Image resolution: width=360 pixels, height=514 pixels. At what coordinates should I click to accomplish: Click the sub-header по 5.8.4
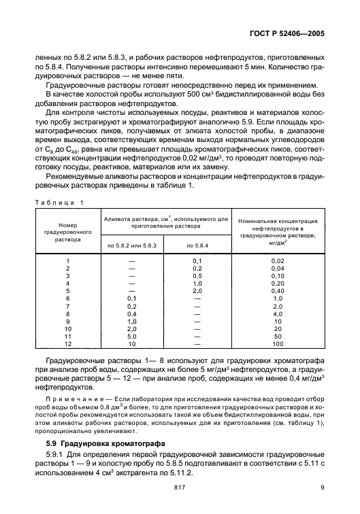198,243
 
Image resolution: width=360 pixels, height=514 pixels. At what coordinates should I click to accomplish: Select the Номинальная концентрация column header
277,230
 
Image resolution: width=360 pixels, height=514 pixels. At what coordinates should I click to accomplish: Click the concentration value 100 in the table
277,344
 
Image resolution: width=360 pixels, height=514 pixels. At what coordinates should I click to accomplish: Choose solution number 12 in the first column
67,344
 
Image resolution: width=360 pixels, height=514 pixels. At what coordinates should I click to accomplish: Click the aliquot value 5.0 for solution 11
131,337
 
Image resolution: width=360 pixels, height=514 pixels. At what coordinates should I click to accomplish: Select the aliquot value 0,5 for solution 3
198,276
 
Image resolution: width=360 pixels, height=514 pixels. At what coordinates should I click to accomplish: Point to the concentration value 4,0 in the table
277,314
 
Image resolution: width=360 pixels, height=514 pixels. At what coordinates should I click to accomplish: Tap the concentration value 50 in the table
277,337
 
